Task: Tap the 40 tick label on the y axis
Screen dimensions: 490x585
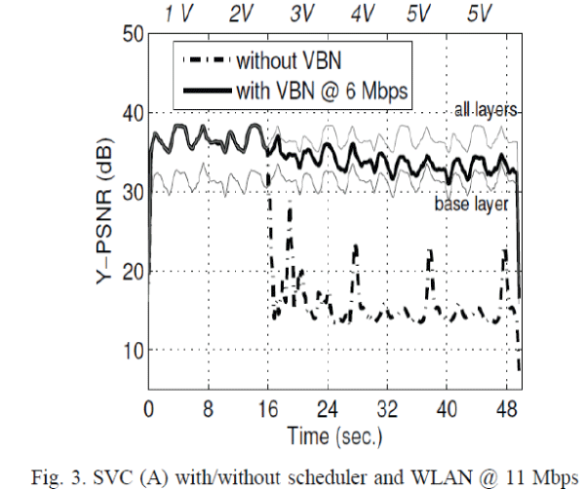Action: point(132,114)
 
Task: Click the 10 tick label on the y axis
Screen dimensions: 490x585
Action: point(132,350)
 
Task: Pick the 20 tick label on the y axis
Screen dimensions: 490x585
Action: point(132,272)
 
